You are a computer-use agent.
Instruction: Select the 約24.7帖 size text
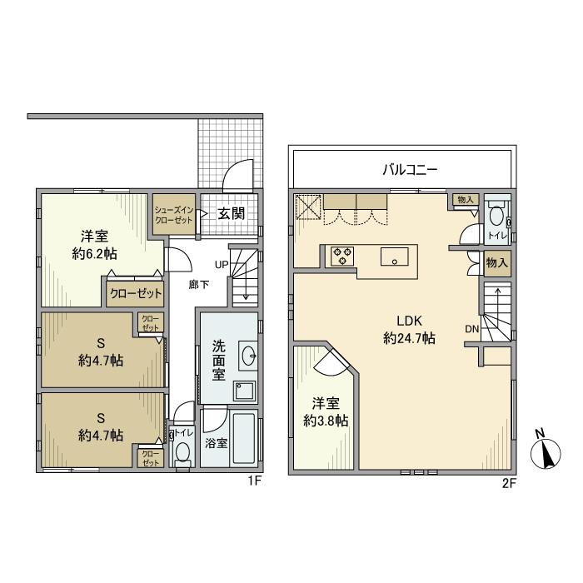tap(411, 339)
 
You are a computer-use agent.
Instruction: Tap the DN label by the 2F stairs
tap(472, 328)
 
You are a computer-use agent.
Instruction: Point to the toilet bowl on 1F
tap(182, 452)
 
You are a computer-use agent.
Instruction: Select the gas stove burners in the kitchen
tap(342, 256)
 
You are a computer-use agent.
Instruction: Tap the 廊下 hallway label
tap(198, 284)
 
